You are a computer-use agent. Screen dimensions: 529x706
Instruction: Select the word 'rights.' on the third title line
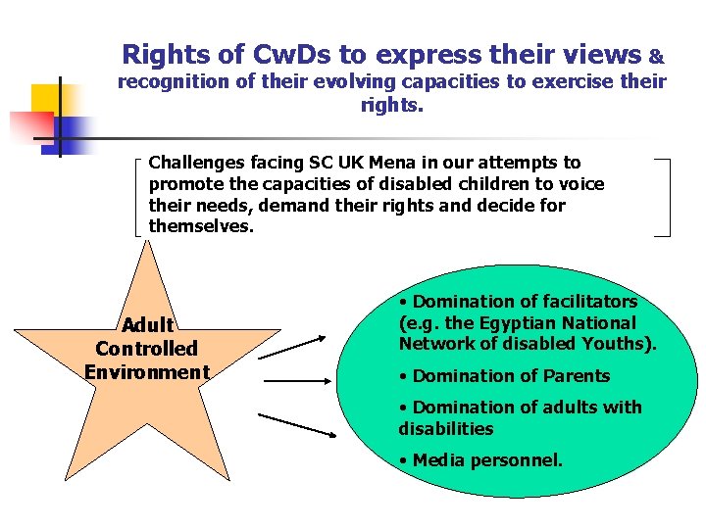point(392,104)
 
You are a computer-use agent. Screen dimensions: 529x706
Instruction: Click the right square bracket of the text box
point(664,196)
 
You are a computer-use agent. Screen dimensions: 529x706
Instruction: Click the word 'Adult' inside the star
point(147,324)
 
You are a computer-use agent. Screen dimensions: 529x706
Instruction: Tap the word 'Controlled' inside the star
point(147,348)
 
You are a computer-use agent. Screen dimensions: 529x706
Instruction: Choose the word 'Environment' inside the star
point(147,371)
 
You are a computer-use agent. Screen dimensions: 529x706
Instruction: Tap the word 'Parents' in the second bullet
point(577,375)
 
